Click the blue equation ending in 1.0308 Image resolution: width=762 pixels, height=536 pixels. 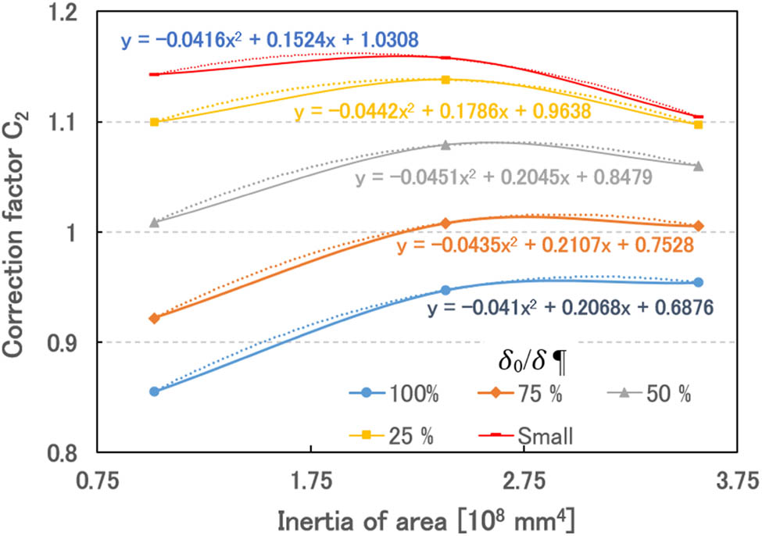pos(269,38)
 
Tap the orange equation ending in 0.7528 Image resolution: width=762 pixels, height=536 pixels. pos(545,246)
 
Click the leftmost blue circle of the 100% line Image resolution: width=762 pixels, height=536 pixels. pos(155,391)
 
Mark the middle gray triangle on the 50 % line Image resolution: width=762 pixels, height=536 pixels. pos(445,145)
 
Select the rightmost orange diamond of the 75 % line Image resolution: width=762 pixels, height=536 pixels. pos(699,226)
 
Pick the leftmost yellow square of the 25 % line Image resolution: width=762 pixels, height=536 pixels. pos(155,122)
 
